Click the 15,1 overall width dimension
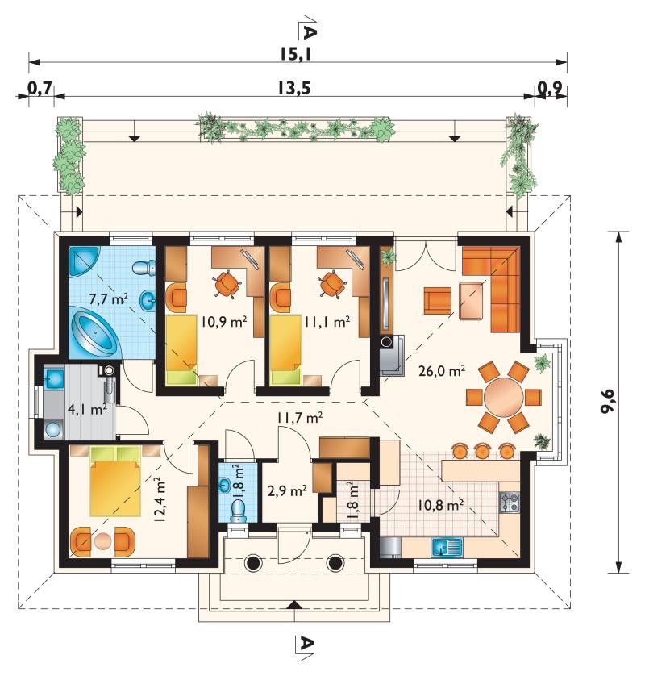295,55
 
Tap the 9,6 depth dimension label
607,402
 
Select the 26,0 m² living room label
442,371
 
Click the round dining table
503,397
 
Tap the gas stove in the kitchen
510,503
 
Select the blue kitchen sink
447,548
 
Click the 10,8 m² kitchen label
440,505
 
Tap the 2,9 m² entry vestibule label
287,491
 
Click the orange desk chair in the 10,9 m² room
227,285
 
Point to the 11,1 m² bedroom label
327,322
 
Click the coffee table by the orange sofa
471,301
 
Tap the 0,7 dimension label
40,89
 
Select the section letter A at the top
310,31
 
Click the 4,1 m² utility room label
87,409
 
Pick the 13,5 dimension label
293,89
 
